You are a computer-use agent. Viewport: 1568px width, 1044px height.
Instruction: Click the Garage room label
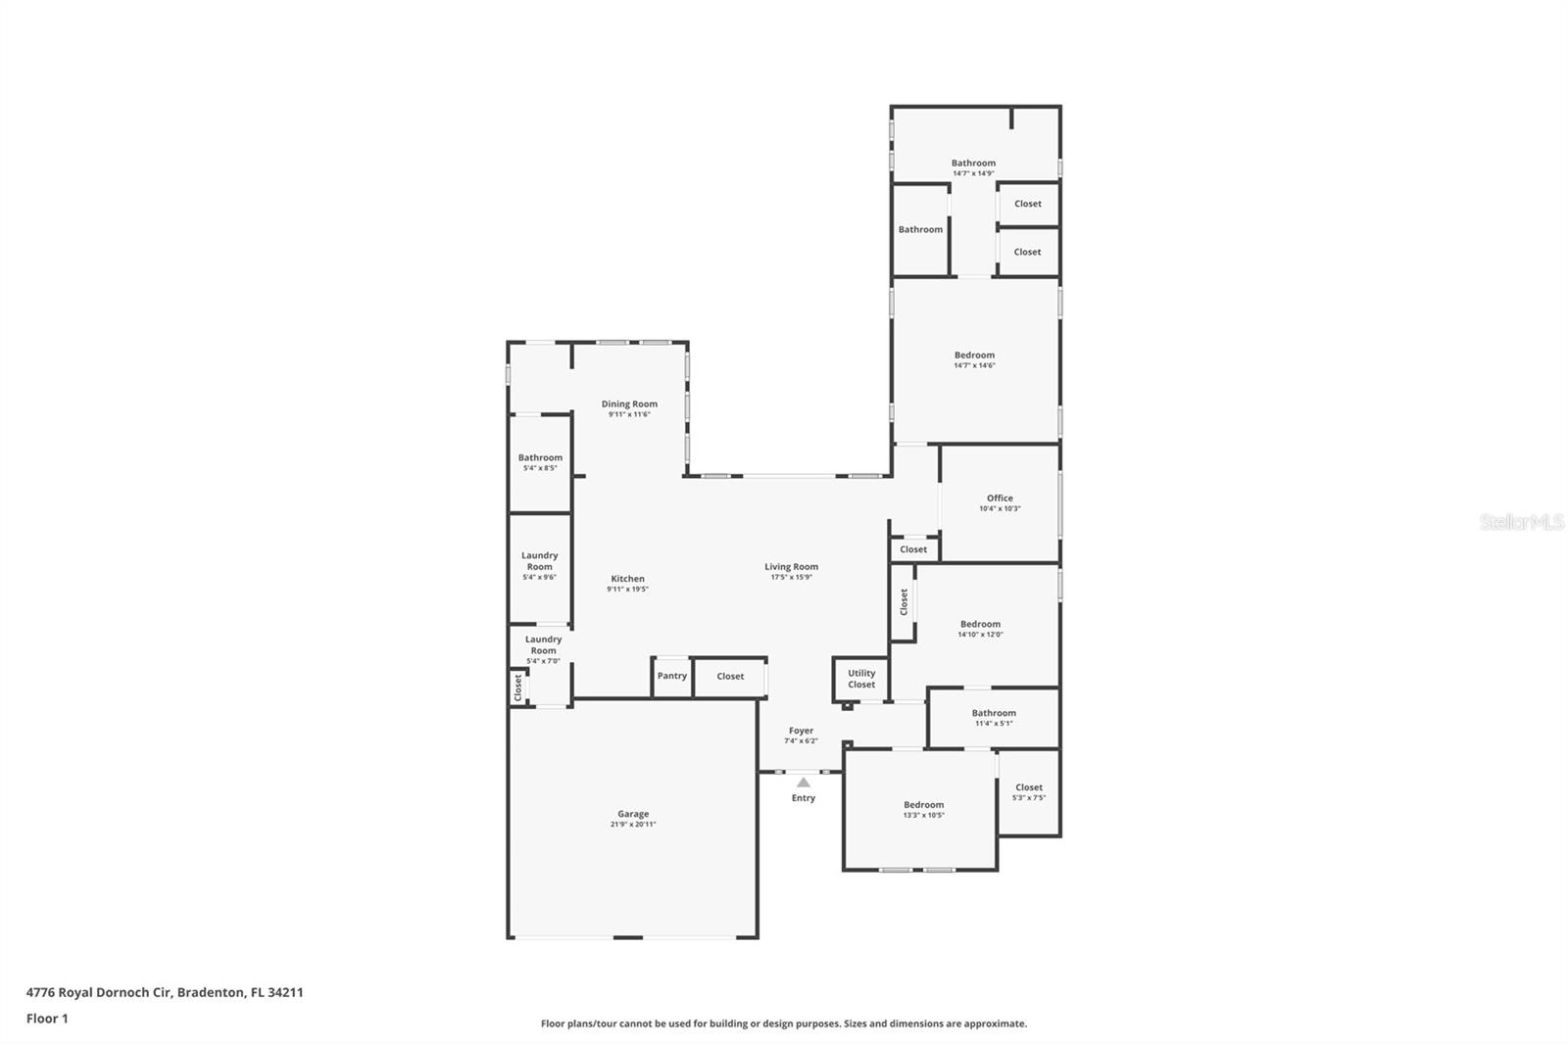[633, 814]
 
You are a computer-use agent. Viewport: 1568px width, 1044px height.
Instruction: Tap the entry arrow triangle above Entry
[804, 782]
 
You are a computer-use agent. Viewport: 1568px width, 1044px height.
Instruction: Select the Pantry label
[672, 676]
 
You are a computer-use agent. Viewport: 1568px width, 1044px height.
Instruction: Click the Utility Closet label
[861, 679]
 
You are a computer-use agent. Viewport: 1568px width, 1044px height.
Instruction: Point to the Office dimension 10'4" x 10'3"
[1000, 508]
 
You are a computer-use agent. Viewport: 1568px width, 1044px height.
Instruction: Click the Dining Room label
[629, 403]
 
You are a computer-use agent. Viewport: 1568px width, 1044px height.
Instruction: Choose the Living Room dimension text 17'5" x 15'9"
[791, 577]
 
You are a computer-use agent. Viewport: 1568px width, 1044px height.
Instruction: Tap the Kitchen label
[628, 579]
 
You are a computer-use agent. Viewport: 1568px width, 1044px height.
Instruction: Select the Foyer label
[801, 731]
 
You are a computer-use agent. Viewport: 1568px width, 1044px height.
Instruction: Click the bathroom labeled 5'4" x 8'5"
[540, 457]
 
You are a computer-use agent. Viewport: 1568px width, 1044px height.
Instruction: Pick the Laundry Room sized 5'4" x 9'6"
[539, 560]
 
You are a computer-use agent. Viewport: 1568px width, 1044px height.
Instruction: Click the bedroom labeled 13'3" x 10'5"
[923, 805]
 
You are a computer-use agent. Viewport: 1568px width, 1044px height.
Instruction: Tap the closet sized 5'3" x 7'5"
[1029, 787]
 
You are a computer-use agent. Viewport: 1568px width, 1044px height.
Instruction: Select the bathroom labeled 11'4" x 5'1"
[994, 713]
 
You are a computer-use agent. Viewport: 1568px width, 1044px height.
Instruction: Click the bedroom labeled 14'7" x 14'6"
[974, 356]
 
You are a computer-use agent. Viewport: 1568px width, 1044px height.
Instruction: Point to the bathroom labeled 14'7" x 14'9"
[973, 164]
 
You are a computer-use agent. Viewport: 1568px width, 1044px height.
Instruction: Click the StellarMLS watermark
[1521, 522]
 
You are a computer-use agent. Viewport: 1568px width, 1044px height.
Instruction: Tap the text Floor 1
[47, 1019]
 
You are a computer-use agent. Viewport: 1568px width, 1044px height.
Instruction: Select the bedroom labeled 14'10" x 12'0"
[980, 624]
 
